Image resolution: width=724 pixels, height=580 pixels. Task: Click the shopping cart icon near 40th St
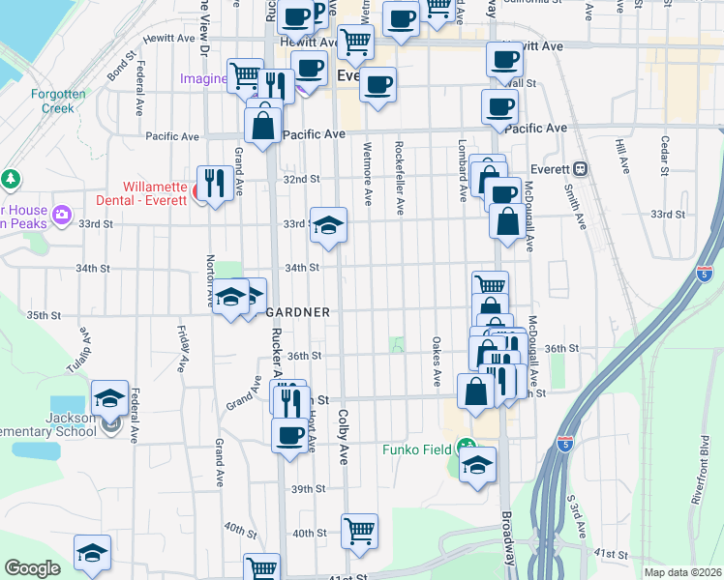[359, 531]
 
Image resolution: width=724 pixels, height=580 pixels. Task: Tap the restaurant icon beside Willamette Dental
[212, 183]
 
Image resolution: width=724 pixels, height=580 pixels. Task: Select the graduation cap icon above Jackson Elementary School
[110, 397]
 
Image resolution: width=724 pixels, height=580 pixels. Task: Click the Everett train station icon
[580, 168]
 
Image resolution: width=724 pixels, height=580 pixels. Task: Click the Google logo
[32, 568]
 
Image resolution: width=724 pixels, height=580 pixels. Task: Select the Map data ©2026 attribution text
[683, 572]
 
